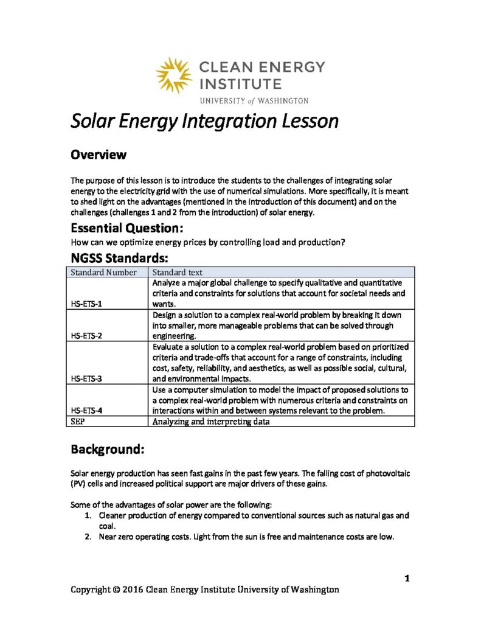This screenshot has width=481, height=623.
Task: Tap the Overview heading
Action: tap(99, 155)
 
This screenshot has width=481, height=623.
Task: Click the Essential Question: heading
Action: tap(127, 229)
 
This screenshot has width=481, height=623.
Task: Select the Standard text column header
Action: tap(178, 273)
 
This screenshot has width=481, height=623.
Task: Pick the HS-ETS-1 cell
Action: tap(86, 304)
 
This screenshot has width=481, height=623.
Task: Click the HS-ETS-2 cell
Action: tap(86, 335)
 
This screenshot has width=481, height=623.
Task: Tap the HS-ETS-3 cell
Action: tap(86, 378)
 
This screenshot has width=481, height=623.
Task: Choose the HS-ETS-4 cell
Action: tap(86, 410)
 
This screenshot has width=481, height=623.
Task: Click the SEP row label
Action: tap(77, 421)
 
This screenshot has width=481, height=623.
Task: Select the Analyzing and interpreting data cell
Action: tap(210, 421)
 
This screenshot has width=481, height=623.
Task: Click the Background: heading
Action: tap(107, 450)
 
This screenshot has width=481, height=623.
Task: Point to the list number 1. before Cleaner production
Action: tap(88, 515)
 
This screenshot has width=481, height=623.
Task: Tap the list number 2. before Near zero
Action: tap(88, 537)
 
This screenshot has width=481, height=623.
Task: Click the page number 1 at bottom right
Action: tap(407, 578)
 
